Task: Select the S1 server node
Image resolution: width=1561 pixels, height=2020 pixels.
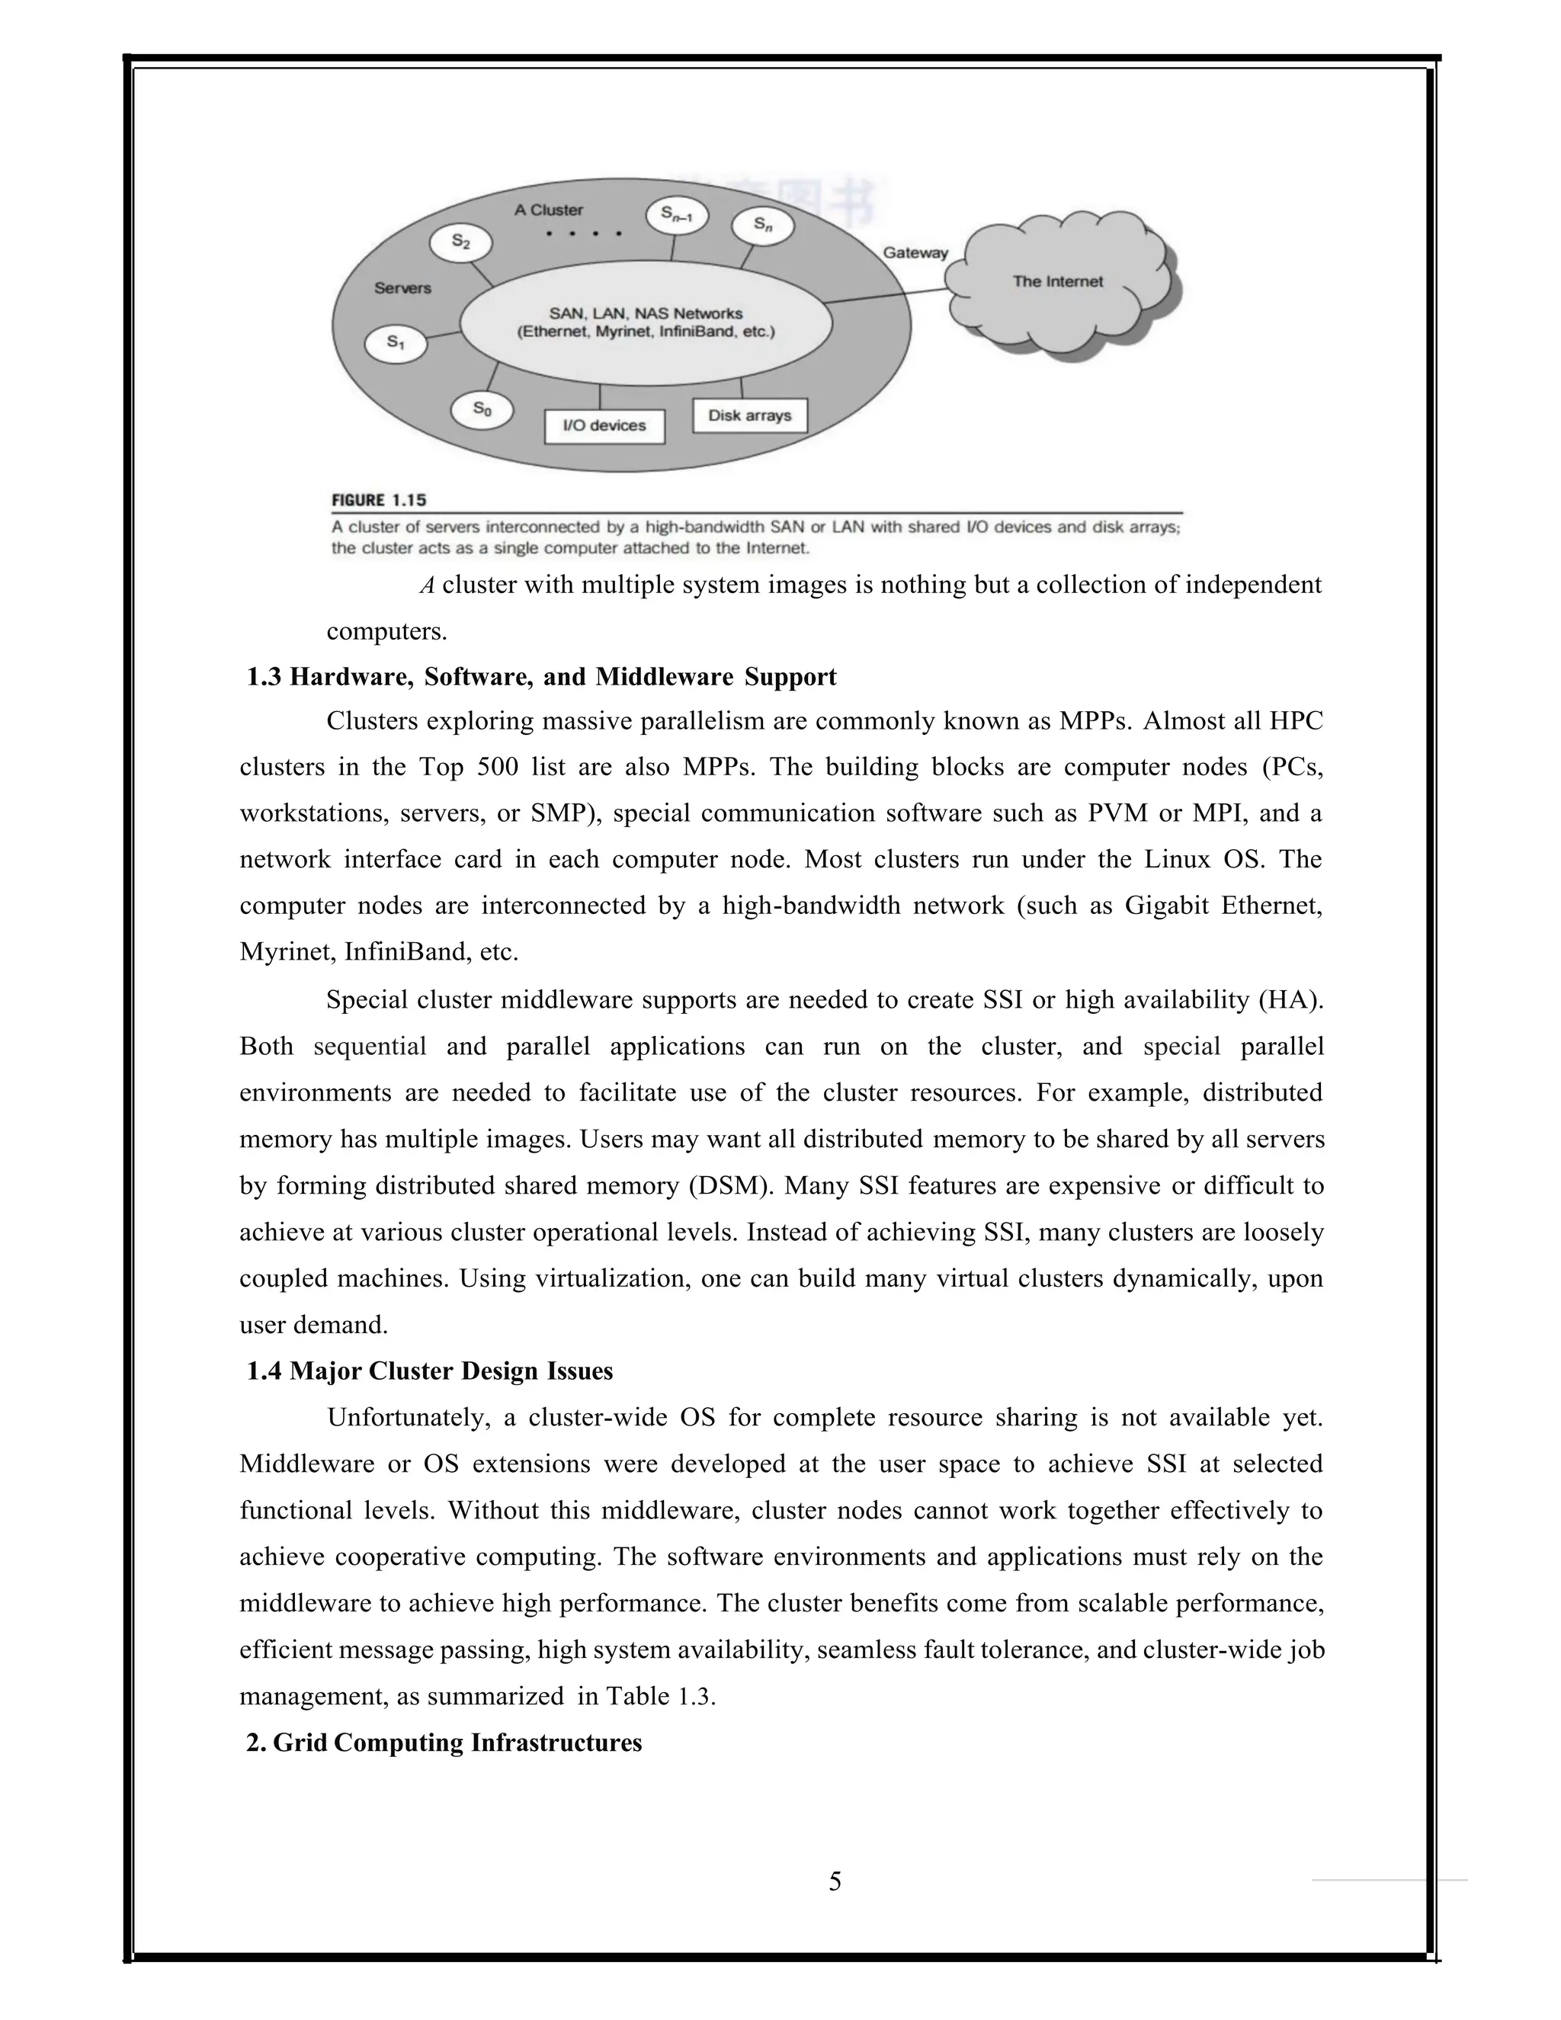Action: point(396,343)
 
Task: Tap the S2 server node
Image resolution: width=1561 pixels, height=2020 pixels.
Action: point(460,243)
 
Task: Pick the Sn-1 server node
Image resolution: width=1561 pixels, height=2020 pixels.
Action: point(677,216)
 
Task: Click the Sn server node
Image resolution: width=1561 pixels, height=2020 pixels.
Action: point(762,226)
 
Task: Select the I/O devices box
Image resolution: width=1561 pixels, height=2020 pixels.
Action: point(604,426)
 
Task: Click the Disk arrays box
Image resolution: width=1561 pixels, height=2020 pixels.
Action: point(749,416)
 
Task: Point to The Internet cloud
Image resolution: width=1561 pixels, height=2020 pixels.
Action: point(1058,281)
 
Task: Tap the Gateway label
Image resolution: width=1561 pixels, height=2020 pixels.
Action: point(915,252)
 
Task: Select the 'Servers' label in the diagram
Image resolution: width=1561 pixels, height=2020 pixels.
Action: point(402,287)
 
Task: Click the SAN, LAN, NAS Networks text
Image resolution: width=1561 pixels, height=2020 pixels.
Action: point(646,313)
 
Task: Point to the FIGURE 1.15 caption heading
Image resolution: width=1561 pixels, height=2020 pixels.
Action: point(379,500)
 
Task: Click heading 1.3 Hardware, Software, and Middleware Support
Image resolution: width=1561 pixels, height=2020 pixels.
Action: point(541,677)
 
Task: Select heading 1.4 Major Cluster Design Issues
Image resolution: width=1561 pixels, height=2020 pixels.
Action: point(429,1371)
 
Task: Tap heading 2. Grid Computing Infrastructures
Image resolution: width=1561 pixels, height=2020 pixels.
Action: point(444,1743)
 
